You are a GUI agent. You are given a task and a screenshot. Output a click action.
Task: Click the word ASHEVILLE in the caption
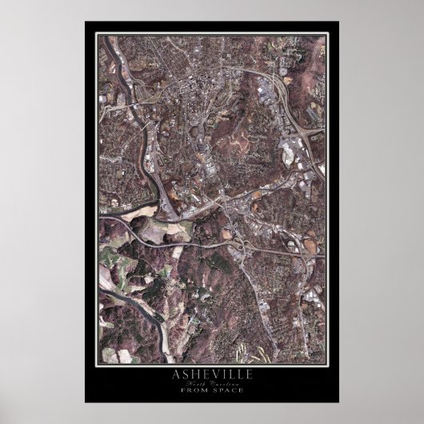click(x=211, y=374)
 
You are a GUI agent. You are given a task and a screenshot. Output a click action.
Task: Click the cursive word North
click(x=198, y=382)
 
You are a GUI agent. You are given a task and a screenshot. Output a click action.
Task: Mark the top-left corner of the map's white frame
click(x=95, y=34)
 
